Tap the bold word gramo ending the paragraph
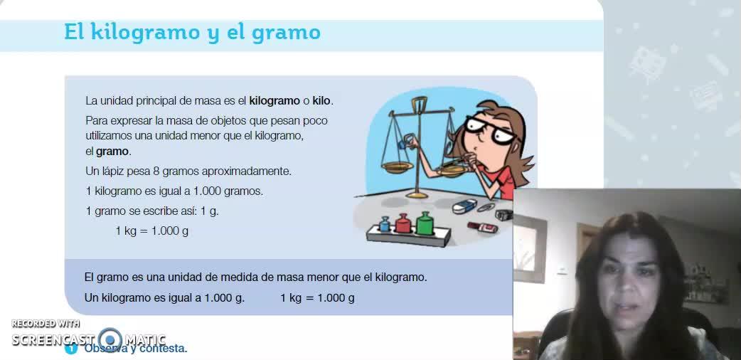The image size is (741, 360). pyautogui.click(x=112, y=152)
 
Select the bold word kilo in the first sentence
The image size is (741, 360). pyautogui.click(x=322, y=101)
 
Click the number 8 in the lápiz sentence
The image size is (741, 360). pyautogui.click(x=156, y=171)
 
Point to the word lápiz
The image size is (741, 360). pyautogui.click(x=114, y=171)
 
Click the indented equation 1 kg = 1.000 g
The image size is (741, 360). pyautogui.click(x=152, y=231)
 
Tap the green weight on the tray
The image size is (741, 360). pyautogui.click(x=424, y=223)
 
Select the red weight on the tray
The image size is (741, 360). pyautogui.click(x=403, y=224)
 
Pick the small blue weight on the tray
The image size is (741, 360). pyautogui.click(x=385, y=224)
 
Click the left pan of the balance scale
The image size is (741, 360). pyautogui.click(x=397, y=167)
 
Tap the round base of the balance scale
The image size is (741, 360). pyautogui.click(x=417, y=194)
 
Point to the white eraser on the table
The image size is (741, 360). pyautogui.click(x=464, y=206)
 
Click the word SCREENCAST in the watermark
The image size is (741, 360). pyautogui.click(x=53, y=339)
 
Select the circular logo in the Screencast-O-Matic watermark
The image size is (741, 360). pyautogui.click(x=110, y=339)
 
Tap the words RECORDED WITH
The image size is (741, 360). pyautogui.click(x=46, y=324)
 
